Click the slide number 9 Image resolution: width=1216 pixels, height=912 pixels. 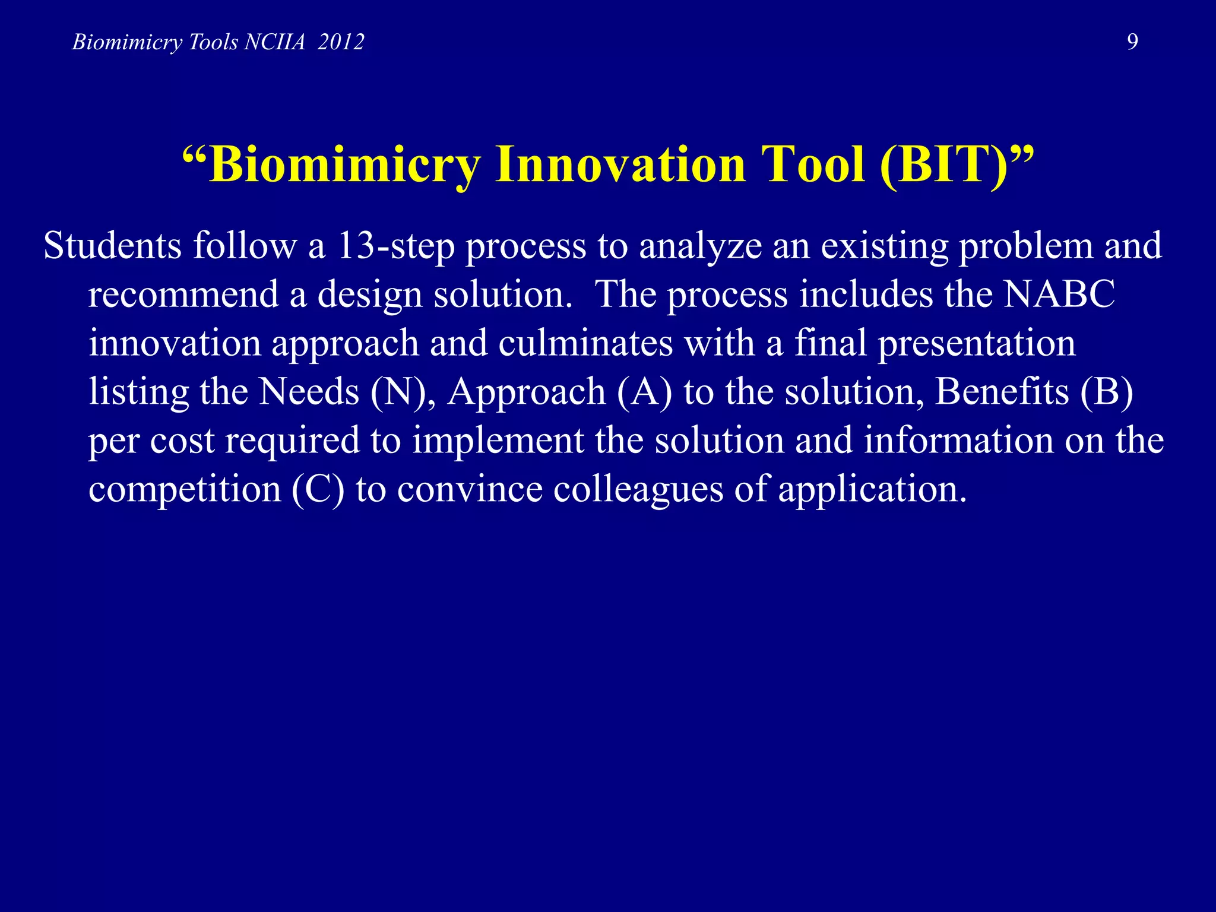point(1132,42)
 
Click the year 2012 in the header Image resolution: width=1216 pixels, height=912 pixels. point(341,42)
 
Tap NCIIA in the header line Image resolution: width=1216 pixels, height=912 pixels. point(274,42)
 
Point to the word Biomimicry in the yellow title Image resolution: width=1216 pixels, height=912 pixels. point(344,165)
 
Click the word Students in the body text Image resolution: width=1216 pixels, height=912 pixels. point(112,245)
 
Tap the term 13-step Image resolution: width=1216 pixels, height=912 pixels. point(395,246)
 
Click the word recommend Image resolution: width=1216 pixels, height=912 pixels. point(183,294)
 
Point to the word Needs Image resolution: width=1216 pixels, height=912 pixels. point(309,392)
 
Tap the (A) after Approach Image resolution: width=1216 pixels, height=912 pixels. point(644,392)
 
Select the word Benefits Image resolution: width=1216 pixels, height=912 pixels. point(1002,392)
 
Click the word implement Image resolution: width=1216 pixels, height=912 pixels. point(498,441)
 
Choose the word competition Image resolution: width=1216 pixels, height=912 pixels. point(185,490)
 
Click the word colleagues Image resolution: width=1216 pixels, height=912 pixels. point(638,490)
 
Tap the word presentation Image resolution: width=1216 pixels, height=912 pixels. point(976,344)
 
